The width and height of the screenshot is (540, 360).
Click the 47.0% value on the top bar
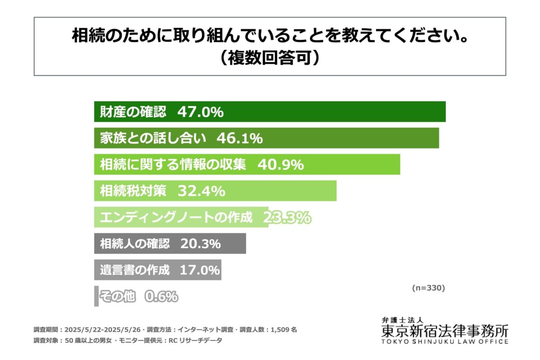tap(200, 112)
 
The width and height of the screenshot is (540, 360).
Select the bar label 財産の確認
tap(133, 112)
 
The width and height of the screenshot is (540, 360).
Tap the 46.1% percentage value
tap(239, 138)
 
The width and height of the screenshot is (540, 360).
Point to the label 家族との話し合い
tap(153, 138)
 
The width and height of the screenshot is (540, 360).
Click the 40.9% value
tap(281, 165)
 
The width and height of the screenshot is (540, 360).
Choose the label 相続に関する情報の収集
tap(173, 165)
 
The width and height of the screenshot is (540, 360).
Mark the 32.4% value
tap(201, 191)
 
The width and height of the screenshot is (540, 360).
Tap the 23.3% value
tap(287, 218)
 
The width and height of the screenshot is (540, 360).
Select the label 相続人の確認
tap(135, 244)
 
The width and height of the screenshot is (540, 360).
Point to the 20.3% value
tap(200, 244)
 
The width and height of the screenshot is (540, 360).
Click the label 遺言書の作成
tap(135, 270)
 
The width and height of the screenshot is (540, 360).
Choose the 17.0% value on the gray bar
tap(199, 270)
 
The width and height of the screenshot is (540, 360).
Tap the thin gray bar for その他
tap(96, 296)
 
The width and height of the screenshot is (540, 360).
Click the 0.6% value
tap(161, 297)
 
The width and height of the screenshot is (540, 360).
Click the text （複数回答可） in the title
tap(270, 58)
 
